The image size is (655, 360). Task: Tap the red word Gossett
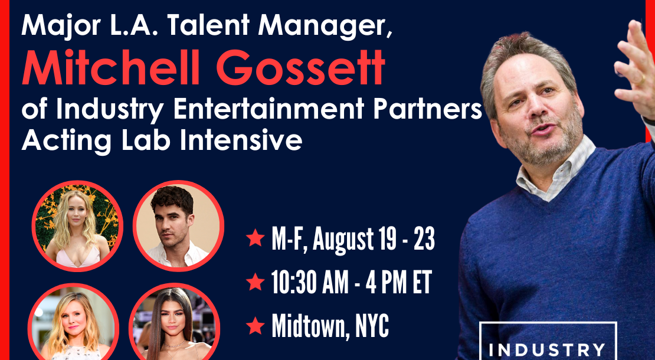point(300,67)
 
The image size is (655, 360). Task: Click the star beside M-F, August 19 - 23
point(256,238)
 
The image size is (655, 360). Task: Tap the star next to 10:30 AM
point(256,282)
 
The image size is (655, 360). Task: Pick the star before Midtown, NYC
point(256,325)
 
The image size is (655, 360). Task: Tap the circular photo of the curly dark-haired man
point(178,226)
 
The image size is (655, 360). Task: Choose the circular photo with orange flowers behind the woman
point(77,226)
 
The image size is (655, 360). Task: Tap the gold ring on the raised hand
point(640,79)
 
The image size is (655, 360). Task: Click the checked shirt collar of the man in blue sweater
point(556,167)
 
